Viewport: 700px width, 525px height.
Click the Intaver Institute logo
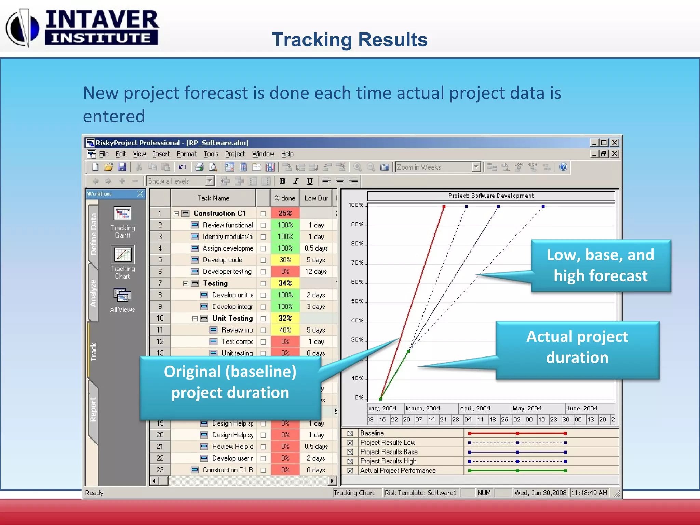coord(82,27)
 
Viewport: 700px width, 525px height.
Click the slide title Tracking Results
coord(349,40)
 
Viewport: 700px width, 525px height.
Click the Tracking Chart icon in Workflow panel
coord(122,255)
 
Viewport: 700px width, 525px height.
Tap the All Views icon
coord(122,296)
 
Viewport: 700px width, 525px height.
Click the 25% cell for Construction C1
coord(285,213)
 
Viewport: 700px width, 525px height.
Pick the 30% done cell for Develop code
coord(285,260)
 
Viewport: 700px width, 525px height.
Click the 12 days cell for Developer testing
coord(316,272)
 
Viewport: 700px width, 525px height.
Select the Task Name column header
coord(213,198)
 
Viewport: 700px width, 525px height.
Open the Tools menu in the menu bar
coord(211,154)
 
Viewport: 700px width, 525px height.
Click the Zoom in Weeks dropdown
coord(438,167)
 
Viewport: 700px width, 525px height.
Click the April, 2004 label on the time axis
coord(475,408)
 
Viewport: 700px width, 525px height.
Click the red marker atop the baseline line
coord(444,207)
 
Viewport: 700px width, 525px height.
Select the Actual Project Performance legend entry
coord(398,471)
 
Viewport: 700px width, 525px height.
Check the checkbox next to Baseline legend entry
coord(350,433)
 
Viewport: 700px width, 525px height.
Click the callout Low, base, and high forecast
coord(600,266)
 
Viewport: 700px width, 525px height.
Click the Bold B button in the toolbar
coord(282,181)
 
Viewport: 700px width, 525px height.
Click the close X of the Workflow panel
coord(140,194)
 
